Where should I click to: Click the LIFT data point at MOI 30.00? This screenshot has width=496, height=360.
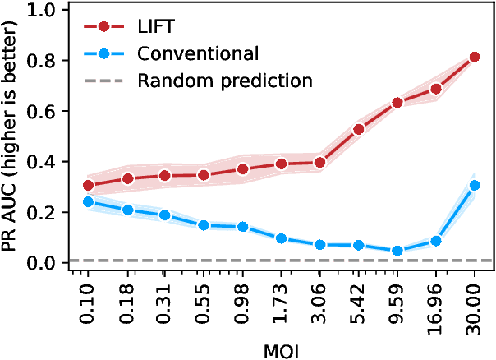click(475, 58)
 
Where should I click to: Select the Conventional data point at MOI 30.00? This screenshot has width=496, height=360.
click(475, 186)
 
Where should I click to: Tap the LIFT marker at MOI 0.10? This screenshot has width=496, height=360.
click(89, 186)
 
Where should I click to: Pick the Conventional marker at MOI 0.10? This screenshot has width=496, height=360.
click(89, 201)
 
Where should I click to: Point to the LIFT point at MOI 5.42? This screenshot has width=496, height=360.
click(358, 129)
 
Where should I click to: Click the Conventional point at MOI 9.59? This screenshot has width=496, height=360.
click(397, 251)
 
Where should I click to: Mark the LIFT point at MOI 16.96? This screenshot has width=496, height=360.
click(436, 89)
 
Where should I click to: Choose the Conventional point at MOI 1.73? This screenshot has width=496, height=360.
click(282, 238)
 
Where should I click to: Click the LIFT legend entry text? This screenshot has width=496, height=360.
click(155, 28)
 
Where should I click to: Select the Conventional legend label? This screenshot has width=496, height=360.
click(198, 54)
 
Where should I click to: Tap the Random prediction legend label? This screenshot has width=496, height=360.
click(225, 81)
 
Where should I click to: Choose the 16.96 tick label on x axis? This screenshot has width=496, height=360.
click(436, 305)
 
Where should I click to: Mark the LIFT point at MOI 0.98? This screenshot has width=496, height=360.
click(243, 169)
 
